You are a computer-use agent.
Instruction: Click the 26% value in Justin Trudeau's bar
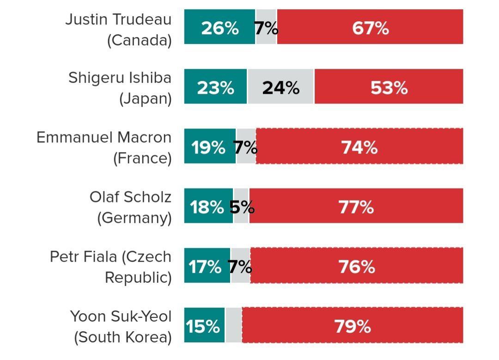point(219,28)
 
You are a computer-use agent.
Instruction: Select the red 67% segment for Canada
point(370,28)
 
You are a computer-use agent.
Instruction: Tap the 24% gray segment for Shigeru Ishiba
point(280,87)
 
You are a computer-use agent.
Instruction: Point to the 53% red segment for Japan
point(389,87)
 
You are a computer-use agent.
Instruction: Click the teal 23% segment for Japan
point(215,87)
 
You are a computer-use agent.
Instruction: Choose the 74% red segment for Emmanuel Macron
point(359,147)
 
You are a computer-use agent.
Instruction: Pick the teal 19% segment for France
point(208,147)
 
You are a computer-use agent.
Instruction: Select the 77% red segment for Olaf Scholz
point(356,207)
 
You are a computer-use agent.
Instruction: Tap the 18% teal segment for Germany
point(207,207)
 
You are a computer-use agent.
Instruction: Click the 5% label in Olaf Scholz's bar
point(242,207)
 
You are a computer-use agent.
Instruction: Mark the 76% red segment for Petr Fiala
point(357,267)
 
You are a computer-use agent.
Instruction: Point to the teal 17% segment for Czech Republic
point(205,267)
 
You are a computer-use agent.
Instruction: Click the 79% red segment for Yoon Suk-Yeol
point(353,326)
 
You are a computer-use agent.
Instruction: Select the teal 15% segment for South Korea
point(203,326)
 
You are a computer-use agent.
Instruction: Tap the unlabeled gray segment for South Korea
point(233,326)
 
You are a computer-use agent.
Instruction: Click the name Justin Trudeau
point(118,19)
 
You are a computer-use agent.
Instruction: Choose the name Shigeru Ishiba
point(120,78)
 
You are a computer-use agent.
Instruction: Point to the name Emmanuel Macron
point(104,137)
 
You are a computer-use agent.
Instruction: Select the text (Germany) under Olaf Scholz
point(134,218)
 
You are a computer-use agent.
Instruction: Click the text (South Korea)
point(123,337)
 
